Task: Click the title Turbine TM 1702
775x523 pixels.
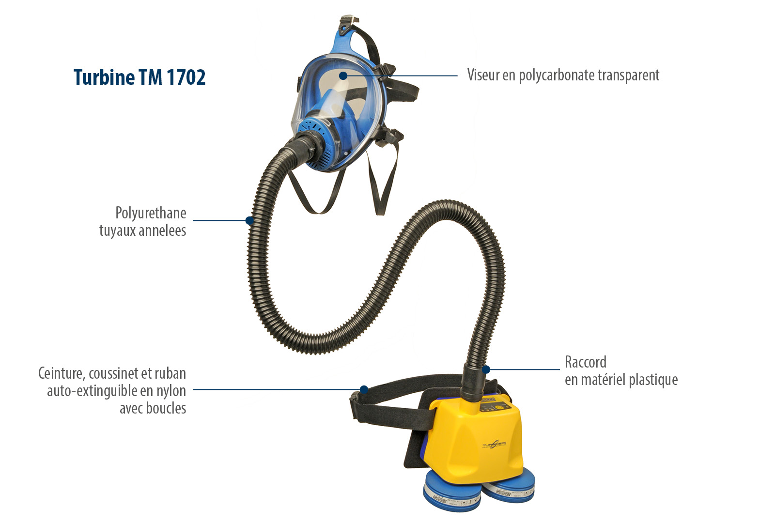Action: click(139, 77)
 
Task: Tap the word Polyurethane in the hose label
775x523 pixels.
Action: click(151, 213)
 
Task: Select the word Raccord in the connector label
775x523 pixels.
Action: click(585, 362)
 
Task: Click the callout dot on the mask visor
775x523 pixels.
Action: click(343, 76)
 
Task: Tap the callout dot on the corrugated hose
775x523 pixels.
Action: click(249, 220)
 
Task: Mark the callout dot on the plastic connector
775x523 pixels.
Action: click(486, 369)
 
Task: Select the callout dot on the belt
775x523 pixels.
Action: click(364, 389)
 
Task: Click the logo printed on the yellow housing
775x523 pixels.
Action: click(494, 445)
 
